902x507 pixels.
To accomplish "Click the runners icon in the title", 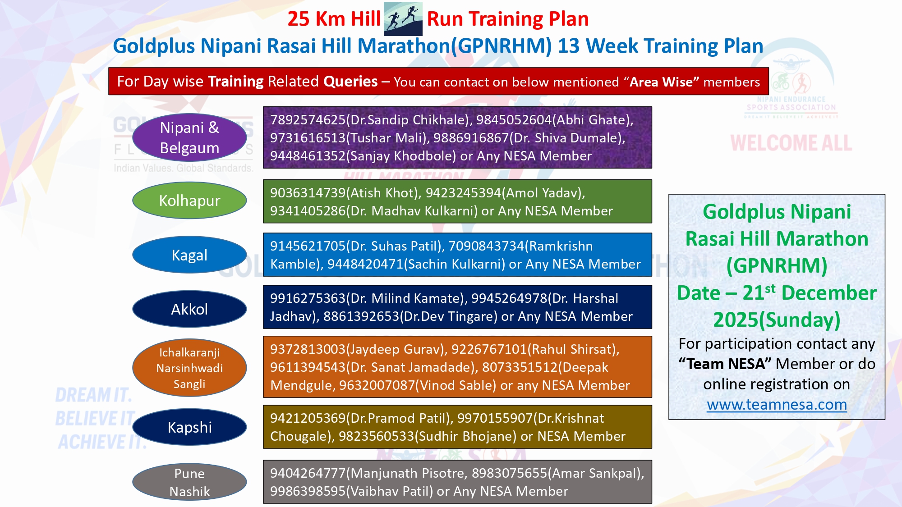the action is click(403, 18).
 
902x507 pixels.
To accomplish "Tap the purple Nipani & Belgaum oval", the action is click(189, 137).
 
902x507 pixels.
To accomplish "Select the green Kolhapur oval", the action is click(189, 201).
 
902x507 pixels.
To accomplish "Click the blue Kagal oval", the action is click(189, 255).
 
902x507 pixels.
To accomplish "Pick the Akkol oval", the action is click(189, 309).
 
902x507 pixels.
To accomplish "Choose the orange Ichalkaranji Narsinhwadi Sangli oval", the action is click(189, 368).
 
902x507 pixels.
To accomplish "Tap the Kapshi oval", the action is click(189, 427).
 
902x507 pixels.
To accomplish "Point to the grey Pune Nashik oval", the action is click(189, 482).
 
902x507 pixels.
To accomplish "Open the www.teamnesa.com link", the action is click(777, 405).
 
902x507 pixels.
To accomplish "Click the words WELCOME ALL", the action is click(792, 143).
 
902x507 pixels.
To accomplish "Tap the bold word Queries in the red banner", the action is click(350, 82).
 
